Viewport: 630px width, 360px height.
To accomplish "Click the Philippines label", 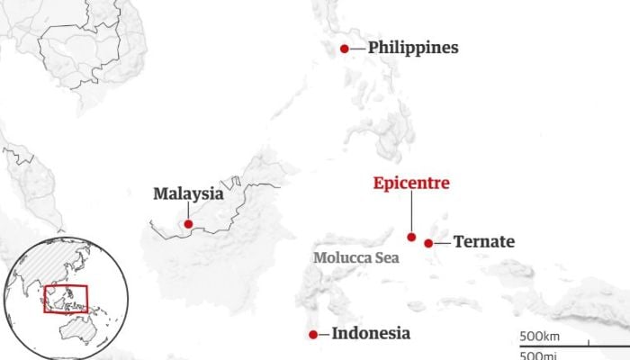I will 413,48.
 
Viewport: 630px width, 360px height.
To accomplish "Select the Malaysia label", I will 188,193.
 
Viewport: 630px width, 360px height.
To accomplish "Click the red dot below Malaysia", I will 188,224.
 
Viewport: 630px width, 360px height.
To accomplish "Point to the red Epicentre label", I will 411,184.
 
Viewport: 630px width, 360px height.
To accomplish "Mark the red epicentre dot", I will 411,238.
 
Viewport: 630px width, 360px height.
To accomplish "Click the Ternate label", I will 484,241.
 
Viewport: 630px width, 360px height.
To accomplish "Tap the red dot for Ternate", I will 429,242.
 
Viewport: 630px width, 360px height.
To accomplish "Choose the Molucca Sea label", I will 356,257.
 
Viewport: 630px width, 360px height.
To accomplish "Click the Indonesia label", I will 371,334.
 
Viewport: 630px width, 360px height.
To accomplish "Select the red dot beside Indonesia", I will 312,335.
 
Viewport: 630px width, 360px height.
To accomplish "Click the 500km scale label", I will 540,337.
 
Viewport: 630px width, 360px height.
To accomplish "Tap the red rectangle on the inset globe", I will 66,299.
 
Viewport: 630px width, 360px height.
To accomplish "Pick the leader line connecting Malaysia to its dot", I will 188,210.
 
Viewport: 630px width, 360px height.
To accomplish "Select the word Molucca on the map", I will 342,257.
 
